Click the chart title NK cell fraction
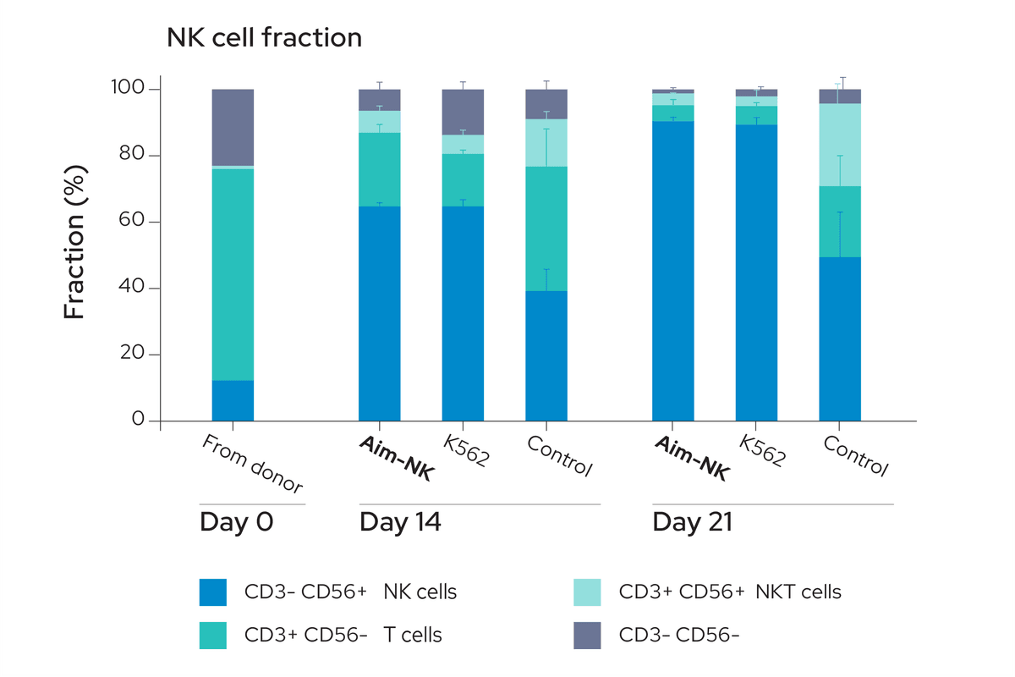coord(264,38)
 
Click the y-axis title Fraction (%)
coord(74,254)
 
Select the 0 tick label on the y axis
coord(138,421)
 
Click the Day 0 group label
coord(236,522)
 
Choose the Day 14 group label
coord(400,522)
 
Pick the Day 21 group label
coord(692,522)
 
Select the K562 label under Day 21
coord(762,452)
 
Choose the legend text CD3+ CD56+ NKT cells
coord(730,592)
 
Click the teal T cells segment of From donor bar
coord(233,274)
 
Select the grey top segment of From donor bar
coord(233,127)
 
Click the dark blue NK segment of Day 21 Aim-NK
coord(672,271)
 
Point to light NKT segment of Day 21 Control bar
coord(840,145)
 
